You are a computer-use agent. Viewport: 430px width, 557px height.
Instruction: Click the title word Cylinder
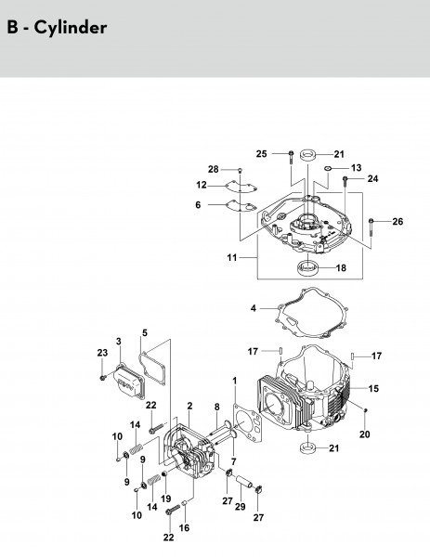(71, 28)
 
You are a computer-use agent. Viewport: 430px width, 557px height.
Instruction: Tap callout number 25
(262, 154)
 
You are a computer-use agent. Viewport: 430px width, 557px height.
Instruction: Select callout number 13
(356, 167)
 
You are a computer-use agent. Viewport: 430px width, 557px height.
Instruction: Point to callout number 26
(397, 221)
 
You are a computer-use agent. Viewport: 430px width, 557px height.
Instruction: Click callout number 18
(341, 267)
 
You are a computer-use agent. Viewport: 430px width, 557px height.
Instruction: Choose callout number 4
(253, 308)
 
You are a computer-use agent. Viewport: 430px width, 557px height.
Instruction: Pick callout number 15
(373, 388)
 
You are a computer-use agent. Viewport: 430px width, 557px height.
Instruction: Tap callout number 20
(365, 434)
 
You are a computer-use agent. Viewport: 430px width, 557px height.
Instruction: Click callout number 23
(102, 353)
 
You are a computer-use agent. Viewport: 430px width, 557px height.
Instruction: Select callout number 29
(241, 506)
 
